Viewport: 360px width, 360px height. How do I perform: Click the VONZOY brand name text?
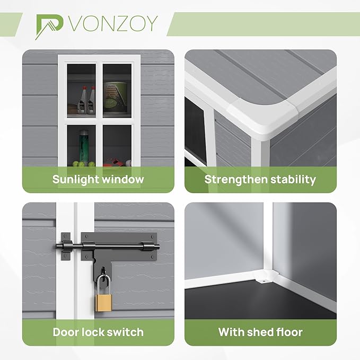click(113, 23)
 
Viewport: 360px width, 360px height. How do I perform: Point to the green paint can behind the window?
click(116, 97)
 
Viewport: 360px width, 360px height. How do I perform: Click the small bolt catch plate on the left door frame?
click(65, 247)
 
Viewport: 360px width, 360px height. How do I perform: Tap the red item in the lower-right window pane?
click(113, 163)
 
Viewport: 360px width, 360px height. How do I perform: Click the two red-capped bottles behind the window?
click(86, 100)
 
